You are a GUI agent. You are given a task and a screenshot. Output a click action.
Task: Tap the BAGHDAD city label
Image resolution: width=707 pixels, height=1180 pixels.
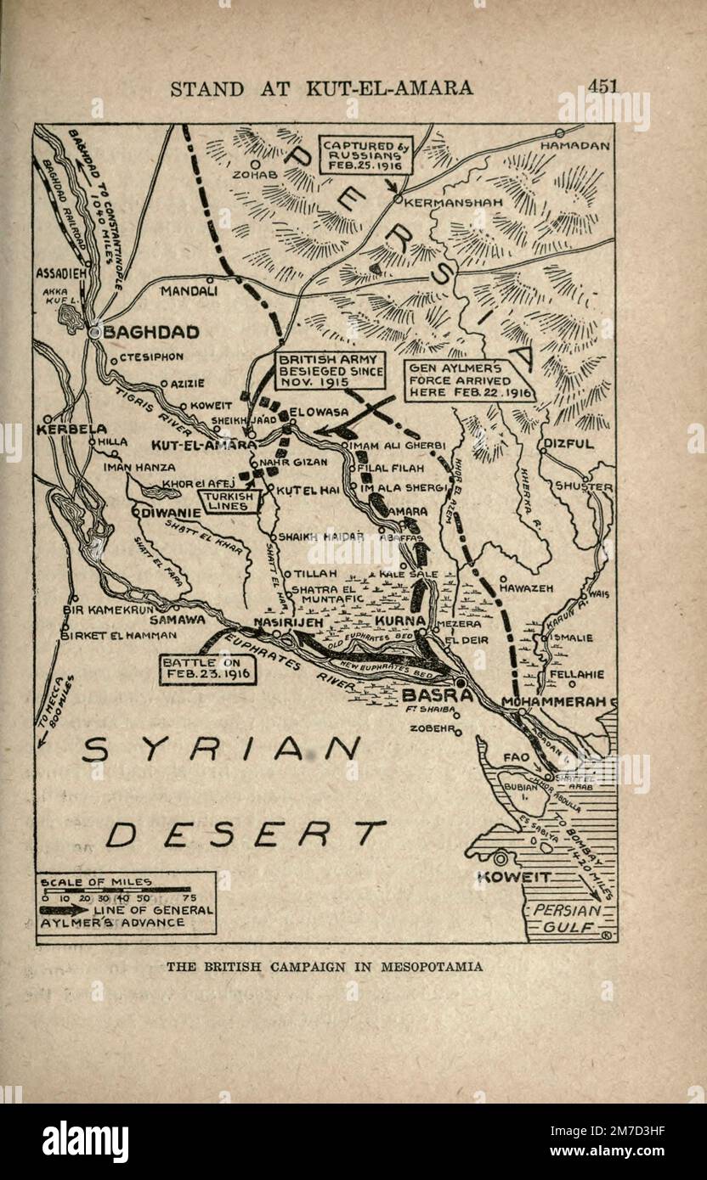coord(150,332)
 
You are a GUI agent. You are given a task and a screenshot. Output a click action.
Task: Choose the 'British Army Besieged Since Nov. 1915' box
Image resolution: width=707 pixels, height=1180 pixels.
coord(330,372)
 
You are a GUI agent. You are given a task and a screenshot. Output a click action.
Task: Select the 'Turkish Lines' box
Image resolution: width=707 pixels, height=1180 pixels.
coord(225,501)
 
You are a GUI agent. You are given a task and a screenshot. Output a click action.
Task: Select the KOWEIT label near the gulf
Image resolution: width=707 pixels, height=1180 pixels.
coord(515,877)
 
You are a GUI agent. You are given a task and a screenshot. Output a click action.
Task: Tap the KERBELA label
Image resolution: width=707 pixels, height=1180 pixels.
coord(71,430)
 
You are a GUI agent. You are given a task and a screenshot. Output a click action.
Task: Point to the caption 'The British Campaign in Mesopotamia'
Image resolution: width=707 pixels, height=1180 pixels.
coord(324,966)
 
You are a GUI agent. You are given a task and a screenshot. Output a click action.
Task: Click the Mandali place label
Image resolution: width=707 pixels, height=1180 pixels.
coord(189,290)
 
